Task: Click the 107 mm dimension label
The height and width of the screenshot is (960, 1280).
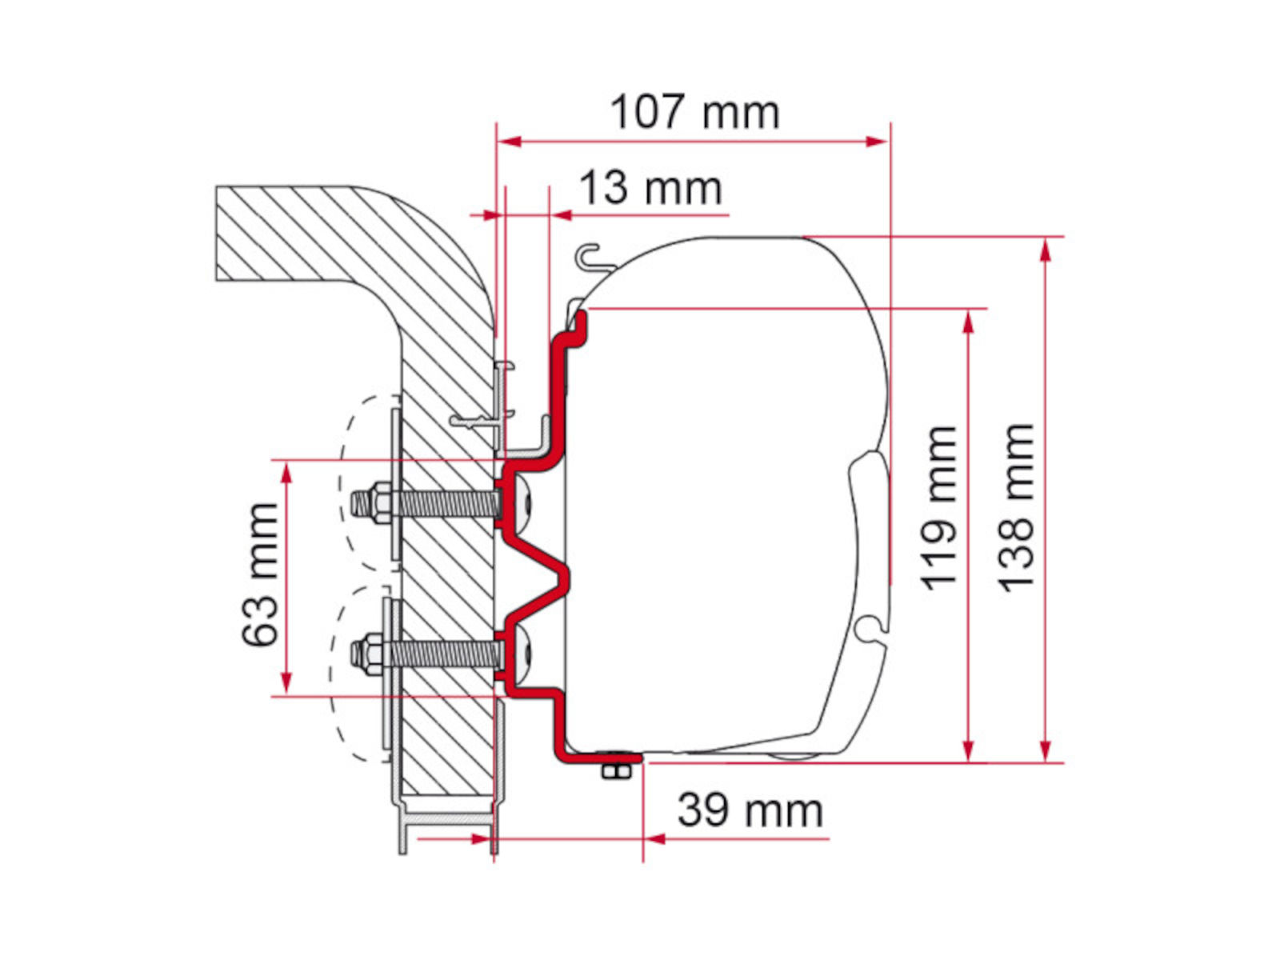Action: click(694, 113)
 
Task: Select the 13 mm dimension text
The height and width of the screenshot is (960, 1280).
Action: click(650, 188)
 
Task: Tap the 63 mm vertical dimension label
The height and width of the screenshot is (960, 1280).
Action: click(260, 574)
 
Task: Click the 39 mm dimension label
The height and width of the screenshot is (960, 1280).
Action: click(750, 810)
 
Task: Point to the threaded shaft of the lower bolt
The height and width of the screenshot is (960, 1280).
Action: click(444, 654)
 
